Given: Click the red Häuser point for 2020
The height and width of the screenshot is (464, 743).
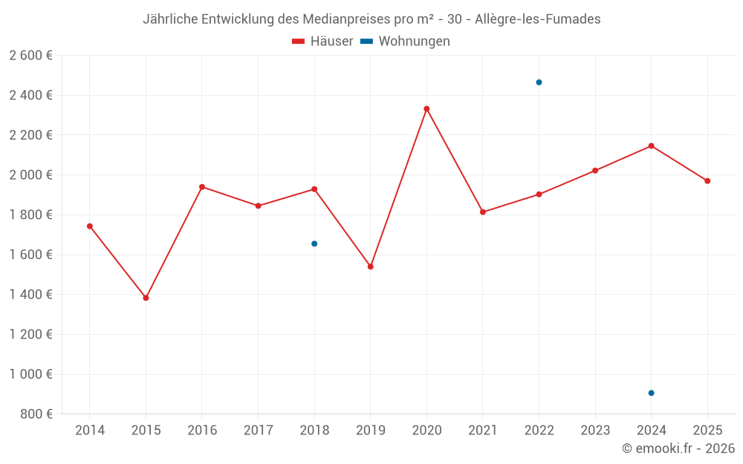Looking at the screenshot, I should click(x=426, y=109).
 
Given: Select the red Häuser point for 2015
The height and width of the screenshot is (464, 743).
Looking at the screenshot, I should click(x=146, y=298).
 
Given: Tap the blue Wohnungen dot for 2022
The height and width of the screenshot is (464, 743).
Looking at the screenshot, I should click(x=539, y=82).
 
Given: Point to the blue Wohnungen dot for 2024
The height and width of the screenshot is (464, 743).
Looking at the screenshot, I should click(x=651, y=393).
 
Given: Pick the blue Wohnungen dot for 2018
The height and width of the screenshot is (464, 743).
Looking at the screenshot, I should click(x=314, y=244).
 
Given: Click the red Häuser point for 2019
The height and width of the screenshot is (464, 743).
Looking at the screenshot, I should click(x=371, y=267).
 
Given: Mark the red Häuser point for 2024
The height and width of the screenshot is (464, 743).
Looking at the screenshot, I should click(x=651, y=146).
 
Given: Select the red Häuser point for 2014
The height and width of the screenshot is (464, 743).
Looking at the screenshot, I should click(x=90, y=226).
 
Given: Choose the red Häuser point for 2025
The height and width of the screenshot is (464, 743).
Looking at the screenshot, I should click(x=707, y=181).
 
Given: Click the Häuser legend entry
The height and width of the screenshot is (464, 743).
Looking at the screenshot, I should click(x=322, y=42).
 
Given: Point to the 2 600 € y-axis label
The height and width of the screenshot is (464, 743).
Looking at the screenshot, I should click(x=30, y=56).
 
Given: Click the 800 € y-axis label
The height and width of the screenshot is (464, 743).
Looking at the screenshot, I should click(x=36, y=414).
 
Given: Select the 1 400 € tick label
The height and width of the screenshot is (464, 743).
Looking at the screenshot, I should click(x=30, y=295).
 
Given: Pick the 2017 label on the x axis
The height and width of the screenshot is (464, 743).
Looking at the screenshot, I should click(x=258, y=431).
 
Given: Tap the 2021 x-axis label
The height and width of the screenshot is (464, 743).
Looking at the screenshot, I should click(x=483, y=431).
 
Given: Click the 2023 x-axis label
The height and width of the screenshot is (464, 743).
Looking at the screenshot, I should click(x=595, y=431).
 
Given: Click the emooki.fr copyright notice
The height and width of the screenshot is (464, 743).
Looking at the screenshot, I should click(x=678, y=448).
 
